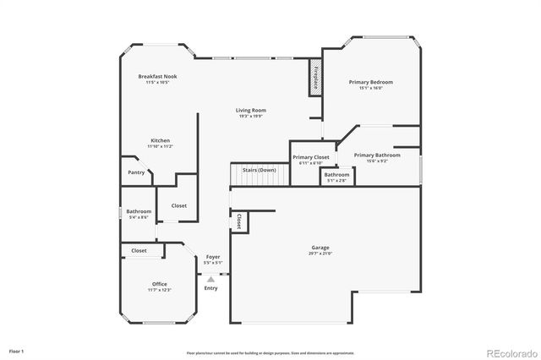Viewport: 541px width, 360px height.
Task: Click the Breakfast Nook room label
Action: pyautogui.click(x=157, y=76)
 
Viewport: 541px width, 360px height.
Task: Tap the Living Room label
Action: pyautogui.click(x=249, y=110)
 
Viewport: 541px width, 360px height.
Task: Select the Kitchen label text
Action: pyautogui.click(x=161, y=140)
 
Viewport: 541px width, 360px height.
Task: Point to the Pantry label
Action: pyautogui.click(x=136, y=172)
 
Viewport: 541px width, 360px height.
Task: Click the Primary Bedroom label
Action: pyautogui.click(x=370, y=82)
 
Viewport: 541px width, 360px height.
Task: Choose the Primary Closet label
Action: pyautogui.click(x=311, y=157)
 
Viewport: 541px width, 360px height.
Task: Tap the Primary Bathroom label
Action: pyautogui.click(x=377, y=155)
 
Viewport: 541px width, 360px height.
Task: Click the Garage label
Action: pyautogui.click(x=320, y=248)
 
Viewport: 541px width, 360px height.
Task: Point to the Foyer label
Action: pyautogui.click(x=213, y=256)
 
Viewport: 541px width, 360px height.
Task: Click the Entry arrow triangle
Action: pyautogui.click(x=210, y=275)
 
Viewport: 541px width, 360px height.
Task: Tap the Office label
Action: pyautogui.click(x=159, y=284)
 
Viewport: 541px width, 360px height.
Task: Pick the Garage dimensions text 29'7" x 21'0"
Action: pyautogui.click(x=320, y=254)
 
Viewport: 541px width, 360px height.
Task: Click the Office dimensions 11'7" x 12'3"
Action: pyautogui.click(x=159, y=290)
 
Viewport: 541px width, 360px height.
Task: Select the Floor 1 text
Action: pyautogui.click(x=17, y=350)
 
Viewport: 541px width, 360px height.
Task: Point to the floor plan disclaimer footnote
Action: pyautogui.click(x=270, y=353)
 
